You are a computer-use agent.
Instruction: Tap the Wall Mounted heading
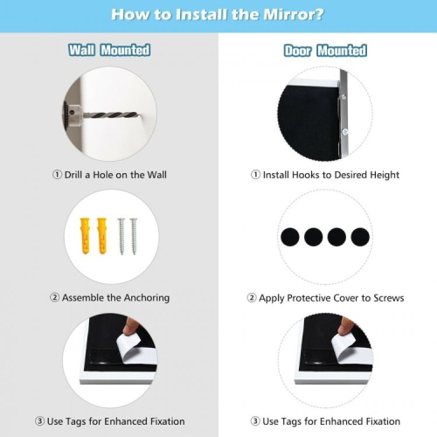click(x=109, y=51)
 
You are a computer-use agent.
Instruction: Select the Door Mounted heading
click(x=325, y=51)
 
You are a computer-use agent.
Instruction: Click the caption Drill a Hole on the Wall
click(x=109, y=175)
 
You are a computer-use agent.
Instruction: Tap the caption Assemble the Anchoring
click(x=109, y=297)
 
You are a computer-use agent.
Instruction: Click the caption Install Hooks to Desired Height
click(x=325, y=175)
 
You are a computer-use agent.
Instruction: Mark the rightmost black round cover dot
click(x=358, y=236)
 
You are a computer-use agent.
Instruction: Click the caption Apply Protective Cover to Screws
click(x=325, y=297)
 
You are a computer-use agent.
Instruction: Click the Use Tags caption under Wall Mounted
click(x=109, y=421)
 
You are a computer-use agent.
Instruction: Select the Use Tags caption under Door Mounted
click(x=325, y=421)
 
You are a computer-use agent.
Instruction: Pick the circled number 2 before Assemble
click(x=54, y=297)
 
